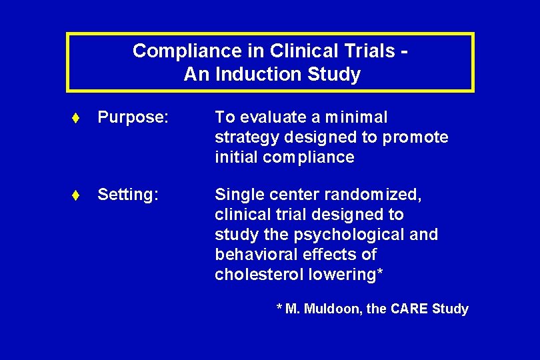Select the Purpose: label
[x=132, y=118]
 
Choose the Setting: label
[x=128, y=195]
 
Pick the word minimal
[x=355, y=117]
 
